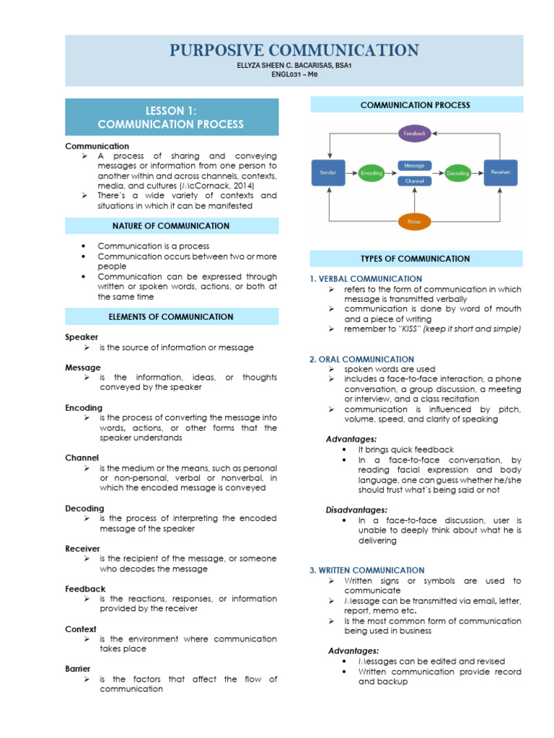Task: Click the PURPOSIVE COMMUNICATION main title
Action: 294,50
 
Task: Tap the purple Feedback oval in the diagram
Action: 415,133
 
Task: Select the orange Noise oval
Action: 414,221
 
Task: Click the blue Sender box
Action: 328,173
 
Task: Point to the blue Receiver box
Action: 501,173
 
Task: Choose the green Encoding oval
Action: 371,174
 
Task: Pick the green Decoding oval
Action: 457,174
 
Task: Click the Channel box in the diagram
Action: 414,182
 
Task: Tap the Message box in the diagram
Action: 414,166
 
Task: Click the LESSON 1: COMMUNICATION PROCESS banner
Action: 171,117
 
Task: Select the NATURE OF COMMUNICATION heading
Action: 171,226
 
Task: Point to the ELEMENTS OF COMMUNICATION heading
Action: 171,316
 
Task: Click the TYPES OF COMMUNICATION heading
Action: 415,258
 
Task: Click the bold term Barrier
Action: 77,669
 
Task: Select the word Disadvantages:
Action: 356,510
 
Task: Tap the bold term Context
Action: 81,629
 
